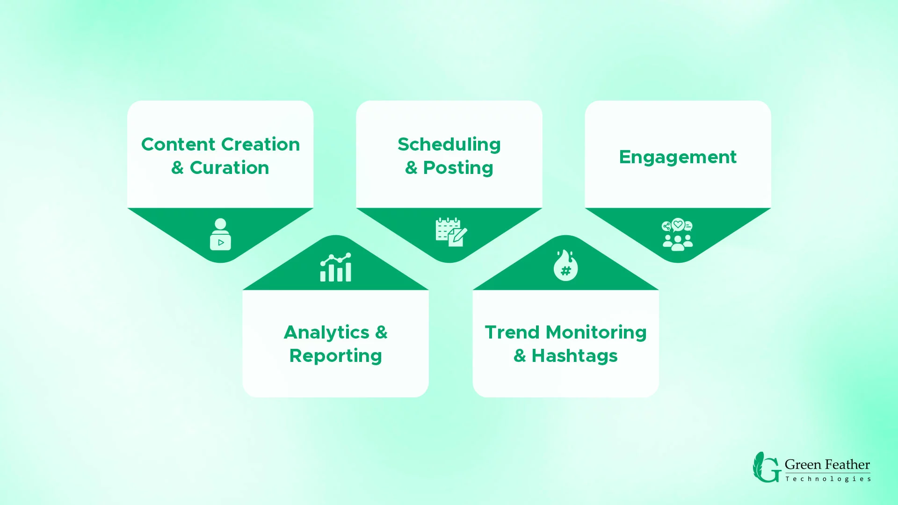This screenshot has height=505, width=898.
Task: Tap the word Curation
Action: coord(229,168)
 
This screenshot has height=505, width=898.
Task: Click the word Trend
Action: coord(512,332)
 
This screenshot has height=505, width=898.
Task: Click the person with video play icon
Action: coord(220,234)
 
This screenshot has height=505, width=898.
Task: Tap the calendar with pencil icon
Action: coord(451,232)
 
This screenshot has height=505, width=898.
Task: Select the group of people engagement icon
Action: coord(678,234)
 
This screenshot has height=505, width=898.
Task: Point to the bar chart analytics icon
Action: coord(335,267)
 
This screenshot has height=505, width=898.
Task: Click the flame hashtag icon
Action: coord(565,265)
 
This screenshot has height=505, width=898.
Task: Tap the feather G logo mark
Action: coord(766,467)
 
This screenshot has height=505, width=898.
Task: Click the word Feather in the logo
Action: coord(847,465)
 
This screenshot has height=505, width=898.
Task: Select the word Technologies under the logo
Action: coord(828,479)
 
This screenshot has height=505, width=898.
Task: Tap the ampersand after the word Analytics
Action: coord(381,332)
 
